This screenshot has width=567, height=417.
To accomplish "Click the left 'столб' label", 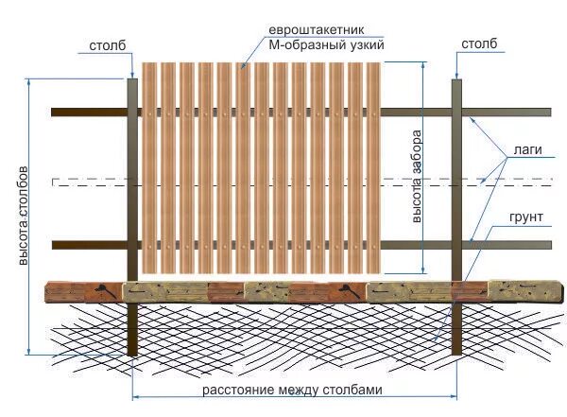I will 106,44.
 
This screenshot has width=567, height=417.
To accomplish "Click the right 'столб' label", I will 477,44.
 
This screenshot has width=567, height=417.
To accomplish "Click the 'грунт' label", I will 526,217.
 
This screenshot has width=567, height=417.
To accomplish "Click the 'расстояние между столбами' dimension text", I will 292,390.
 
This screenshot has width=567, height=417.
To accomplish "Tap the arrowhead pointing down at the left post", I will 132,73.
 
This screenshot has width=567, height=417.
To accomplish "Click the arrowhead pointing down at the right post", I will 456,73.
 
